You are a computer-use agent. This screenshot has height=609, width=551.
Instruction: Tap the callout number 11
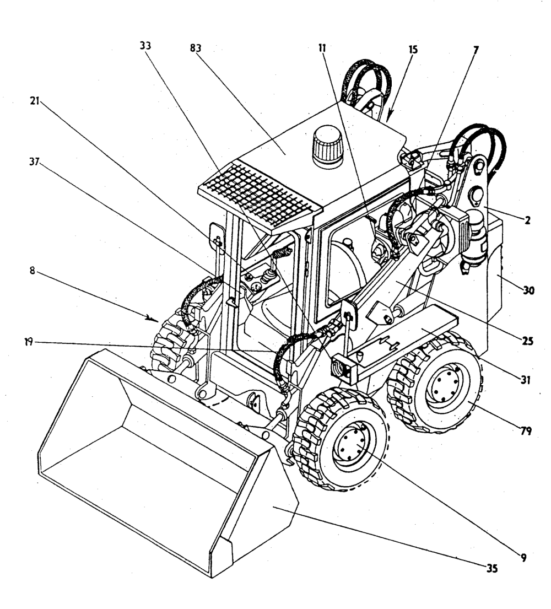(x=322, y=48)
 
